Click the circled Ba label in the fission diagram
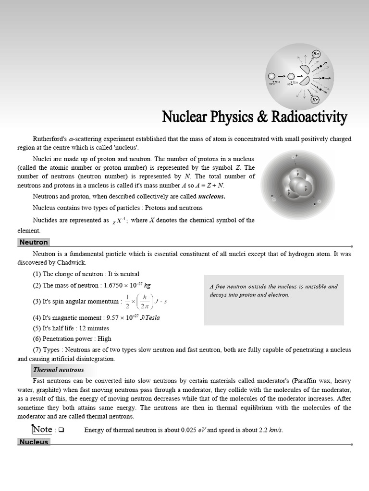pyautogui.click(x=316, y=54)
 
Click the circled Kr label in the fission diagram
pyautogui.click(x=315, y=100)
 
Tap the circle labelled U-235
pyautogui.click(x=271, y=76)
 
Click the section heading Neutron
pyautogui.click(x=34, y=243)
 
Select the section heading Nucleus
pyautogui.click(x=34, y=442)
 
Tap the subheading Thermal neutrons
pyautogui.click(x=58, y=370)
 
